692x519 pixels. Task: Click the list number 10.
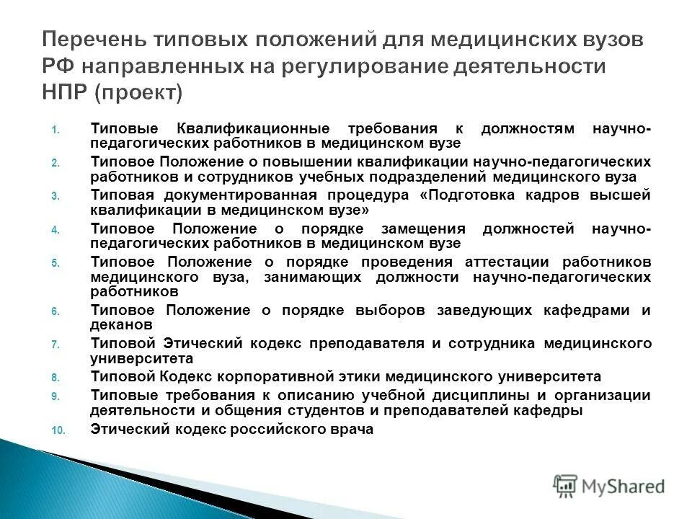pos(58,430)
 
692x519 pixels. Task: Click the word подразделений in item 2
pos(418,177)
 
